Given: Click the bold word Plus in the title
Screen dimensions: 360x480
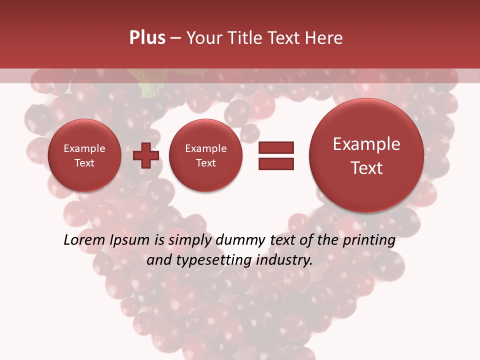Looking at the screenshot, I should point(147,38).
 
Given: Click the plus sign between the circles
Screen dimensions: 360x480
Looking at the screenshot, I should point(146,155).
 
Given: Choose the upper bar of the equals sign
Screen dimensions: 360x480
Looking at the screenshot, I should point(276,147).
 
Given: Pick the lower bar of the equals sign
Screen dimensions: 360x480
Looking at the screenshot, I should point(276,163).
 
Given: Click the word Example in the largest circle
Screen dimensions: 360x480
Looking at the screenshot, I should point(366,144).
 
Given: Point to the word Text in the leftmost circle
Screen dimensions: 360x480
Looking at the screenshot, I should point(84,163).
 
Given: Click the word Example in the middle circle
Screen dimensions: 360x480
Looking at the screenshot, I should point(205,148).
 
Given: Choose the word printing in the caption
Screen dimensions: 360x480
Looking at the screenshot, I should point(369,240).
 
